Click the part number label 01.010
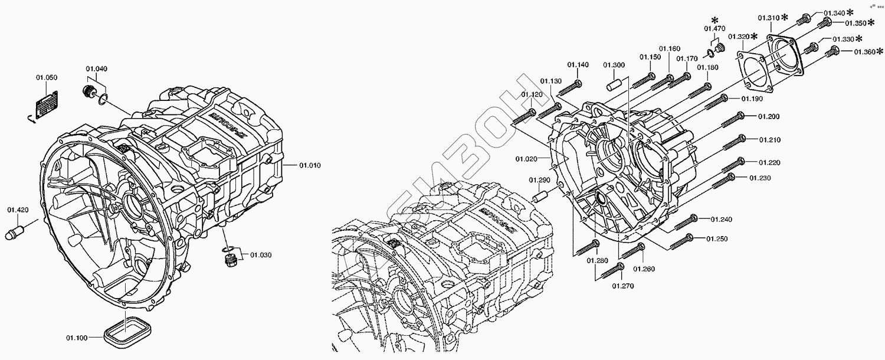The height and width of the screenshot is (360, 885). (310, 166)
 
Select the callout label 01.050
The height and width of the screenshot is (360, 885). (47, 78)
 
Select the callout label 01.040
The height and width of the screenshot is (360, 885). (97, 69)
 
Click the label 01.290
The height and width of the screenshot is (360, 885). (539, 180)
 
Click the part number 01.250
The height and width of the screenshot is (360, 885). (717, 239)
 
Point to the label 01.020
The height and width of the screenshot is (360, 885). (526, 159)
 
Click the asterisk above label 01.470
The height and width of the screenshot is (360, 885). (714, 20)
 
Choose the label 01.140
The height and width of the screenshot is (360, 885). (578, 65)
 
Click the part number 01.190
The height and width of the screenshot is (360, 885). (752, 99)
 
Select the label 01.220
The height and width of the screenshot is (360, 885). (769, 162)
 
